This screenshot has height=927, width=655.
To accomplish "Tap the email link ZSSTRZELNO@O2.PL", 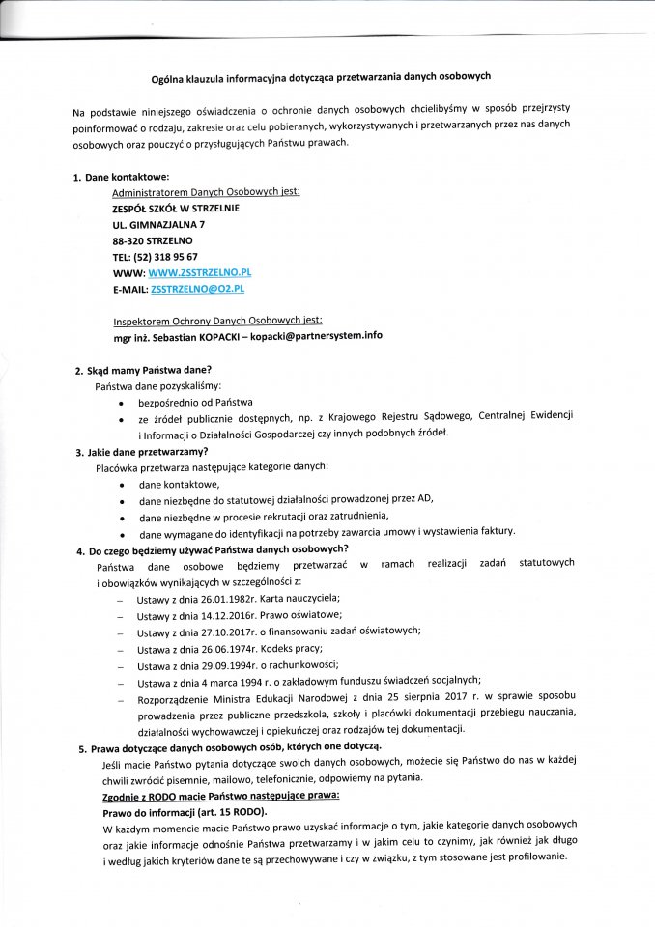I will [197, 289].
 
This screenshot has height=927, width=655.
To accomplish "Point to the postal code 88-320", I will [127, 240].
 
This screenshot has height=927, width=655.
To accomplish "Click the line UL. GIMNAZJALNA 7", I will [158, 224].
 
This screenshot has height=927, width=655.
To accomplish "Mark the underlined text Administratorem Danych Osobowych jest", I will [206, 192].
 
